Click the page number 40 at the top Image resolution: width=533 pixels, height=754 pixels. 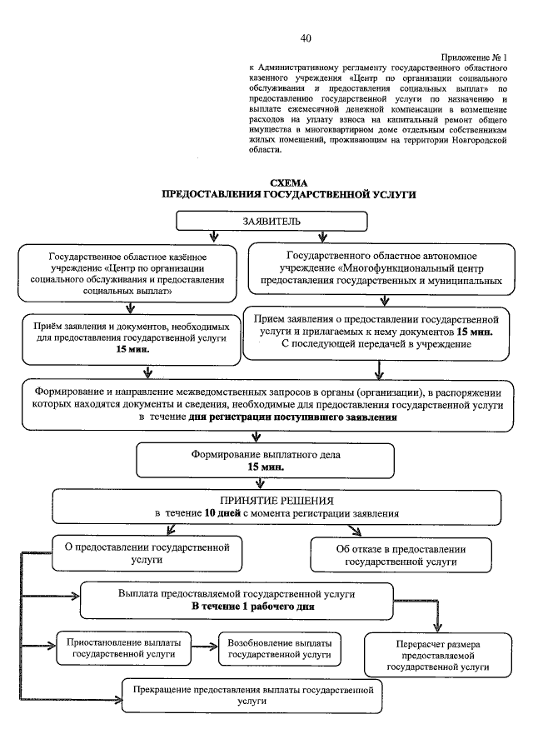click(306, 38)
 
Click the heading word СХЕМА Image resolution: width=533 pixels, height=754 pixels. click(289, 182)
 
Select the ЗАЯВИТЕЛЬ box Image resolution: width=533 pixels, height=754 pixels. click(271, 222)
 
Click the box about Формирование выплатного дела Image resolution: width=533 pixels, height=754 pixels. click(265, 461)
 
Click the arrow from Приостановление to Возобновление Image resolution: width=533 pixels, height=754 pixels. click(203, 644)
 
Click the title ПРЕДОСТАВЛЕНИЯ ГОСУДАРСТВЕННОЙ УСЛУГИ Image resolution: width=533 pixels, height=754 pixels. click(288, 194)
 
